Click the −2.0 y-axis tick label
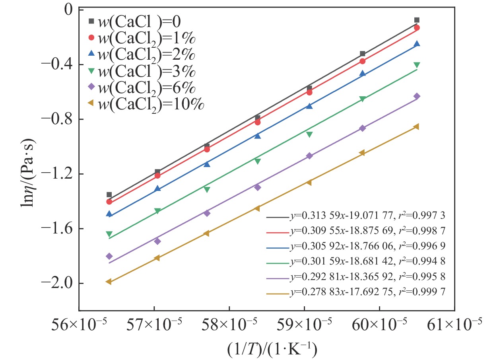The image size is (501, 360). [59, 283]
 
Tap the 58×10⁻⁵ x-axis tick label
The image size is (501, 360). [229, 327]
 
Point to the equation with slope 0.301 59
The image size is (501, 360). [367, 261]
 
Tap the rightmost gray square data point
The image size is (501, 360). [417, 20]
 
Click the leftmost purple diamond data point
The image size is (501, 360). [109, 256]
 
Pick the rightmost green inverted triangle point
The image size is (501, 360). [417, 65]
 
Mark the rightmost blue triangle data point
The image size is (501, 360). [417, 44]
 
